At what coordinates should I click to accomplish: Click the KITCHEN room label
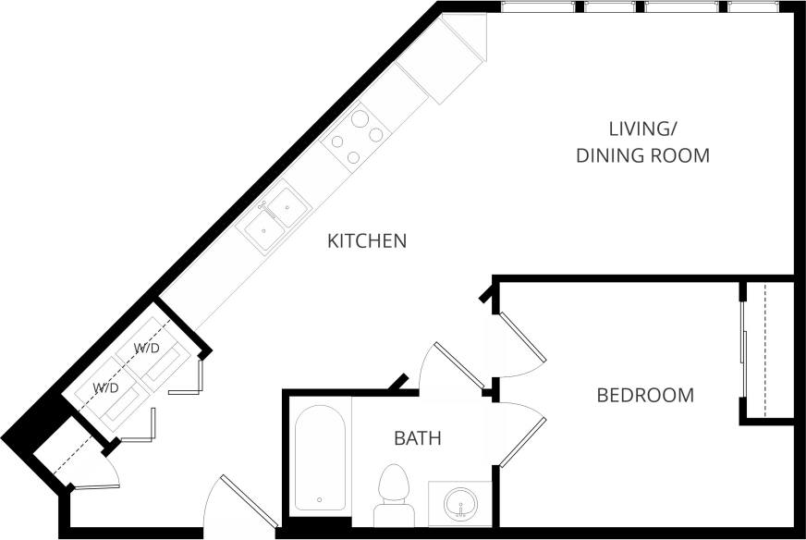pos(367,241)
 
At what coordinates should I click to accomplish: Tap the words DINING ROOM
pos(642,155)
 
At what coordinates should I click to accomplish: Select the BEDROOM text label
pos(645,396)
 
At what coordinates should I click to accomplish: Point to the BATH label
pos(418,438)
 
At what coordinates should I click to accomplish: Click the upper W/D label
pos(146,349)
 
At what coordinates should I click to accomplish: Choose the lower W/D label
pos(104,387)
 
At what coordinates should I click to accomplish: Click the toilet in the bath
pos(395,492)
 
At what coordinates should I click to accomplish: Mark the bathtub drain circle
pos(320,500)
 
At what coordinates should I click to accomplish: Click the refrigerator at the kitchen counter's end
pos(453,57)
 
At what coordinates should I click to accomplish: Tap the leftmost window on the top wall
pos(539,6)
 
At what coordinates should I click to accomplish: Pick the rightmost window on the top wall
pos(760,6)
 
